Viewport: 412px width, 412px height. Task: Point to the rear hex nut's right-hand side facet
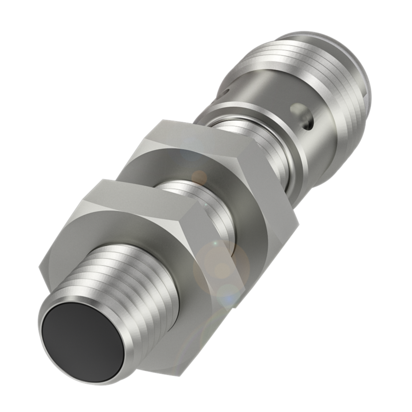click(x=277, y=190)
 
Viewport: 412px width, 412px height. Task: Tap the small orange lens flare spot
click(x=200, y=176)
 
